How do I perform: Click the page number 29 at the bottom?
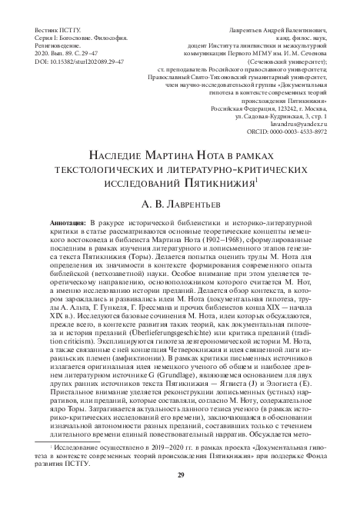point(180,496)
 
